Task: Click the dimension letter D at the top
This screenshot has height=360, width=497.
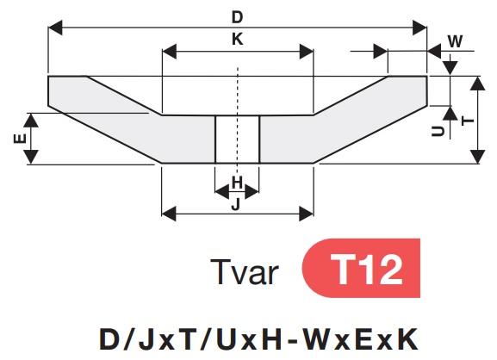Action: (x=237, y=17)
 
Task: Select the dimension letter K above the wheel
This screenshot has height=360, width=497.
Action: (x=238, y=40)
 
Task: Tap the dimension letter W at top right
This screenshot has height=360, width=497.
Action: (x=455, y=41)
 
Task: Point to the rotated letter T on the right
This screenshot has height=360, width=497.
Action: (x=468, y=121)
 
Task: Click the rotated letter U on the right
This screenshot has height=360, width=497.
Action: (x=438, y=131)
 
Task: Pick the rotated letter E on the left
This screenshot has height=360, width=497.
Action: (x=20, y=139)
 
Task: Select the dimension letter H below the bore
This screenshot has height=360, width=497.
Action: (x=237, y=183)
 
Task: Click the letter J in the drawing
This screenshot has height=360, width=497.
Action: (x=236, y=205)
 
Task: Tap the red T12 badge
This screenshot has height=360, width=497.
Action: (x=361, y=268)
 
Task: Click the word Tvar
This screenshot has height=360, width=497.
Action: (x=244, y=272)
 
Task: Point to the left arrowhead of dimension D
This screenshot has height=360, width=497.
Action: (x=55, y=28)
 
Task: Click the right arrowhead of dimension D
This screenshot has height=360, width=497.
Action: (x=419, y=28)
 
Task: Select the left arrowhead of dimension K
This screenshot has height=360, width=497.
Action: (x=170, y=52)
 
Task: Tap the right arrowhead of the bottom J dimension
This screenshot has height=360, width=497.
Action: (x=306, y=214)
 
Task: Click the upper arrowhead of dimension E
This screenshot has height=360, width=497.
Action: (x=31, y=121)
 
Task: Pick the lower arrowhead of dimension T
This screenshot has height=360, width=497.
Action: (x=477, y=157)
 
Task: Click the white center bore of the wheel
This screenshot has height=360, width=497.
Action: (x=238, y=140)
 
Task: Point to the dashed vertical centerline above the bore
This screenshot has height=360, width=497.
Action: (x=238, y=91)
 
